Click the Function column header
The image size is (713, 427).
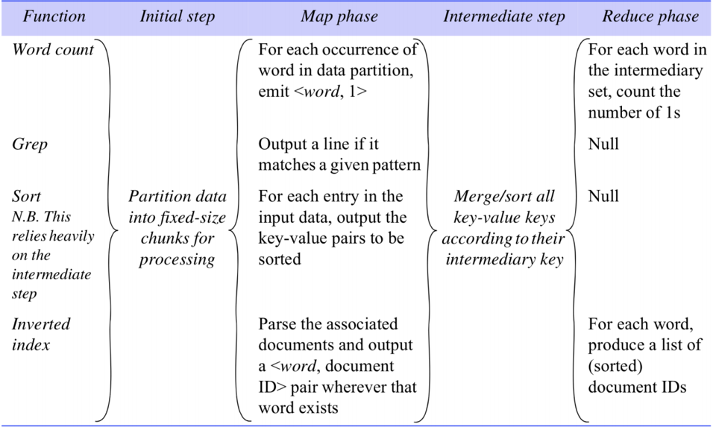(54, 16)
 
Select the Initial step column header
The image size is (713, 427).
(177, 16)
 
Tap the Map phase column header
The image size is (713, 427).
(339, 16)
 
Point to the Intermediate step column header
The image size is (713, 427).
(504, 16)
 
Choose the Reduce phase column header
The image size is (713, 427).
(650, 16)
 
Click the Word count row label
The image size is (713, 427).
(53, 49)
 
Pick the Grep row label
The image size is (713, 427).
(30, 145)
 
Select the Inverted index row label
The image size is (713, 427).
(41, 335)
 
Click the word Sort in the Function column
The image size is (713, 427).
(26, 196)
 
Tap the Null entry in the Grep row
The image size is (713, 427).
(603, 144)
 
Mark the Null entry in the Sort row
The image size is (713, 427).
(603, 196)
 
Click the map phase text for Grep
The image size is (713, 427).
(339, 154)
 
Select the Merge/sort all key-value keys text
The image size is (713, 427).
(504, 206)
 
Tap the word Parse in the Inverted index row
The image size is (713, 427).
(278, 324)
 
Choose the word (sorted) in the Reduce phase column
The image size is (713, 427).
(615, 366)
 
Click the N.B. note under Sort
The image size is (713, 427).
(53, 255)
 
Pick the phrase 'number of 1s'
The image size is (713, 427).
(634, 113)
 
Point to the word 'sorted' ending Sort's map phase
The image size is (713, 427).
(280, 259)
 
